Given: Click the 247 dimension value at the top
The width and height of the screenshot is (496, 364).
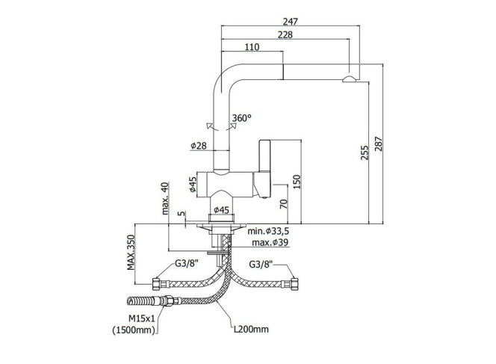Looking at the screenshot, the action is coord(290,22).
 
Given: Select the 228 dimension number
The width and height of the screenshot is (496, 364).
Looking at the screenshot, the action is coord(285,34).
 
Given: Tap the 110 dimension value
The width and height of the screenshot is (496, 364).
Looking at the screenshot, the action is coord(252,47).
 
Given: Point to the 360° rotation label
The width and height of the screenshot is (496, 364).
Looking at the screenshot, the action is coord(242,118).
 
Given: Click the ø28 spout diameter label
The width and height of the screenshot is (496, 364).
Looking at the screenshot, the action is coord(199,146).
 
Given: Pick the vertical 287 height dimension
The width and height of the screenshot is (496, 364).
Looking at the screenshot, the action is coord(379,144).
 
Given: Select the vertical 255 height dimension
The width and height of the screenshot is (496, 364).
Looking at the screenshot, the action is coord(365,152).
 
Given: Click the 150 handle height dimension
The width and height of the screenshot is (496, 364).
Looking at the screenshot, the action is coord(297,182).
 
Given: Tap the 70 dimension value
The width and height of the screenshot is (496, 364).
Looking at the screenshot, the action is coord(284,203).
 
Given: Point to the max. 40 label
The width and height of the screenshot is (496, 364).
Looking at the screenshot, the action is coord(165,199).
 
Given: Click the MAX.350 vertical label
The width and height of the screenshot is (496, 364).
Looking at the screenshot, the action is coord(131,253).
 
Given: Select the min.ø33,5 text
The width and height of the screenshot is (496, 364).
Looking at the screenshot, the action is coord(268,231).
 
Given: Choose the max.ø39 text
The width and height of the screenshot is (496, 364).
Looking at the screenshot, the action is coord(270,243).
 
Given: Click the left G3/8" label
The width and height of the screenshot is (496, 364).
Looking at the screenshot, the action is coord(187,263).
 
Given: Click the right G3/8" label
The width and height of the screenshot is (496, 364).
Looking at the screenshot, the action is coord(261,264).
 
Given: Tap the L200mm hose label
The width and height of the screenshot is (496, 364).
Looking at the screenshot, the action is coord(251,329).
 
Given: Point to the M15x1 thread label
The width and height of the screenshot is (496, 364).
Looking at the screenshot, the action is coord(142,318).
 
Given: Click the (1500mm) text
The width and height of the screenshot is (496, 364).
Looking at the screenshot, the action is coord(134,330).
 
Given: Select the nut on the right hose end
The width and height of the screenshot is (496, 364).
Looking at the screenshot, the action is coord(294,284).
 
